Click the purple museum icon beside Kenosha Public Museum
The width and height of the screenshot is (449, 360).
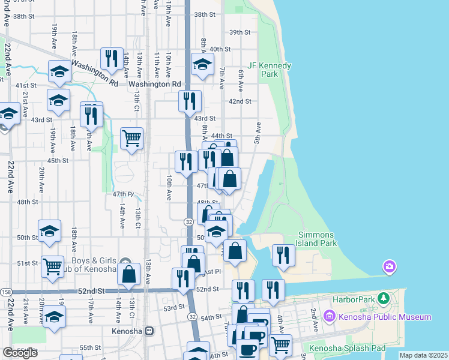click(x=329, y=316)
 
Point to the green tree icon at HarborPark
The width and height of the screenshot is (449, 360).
click(x=388, y=298)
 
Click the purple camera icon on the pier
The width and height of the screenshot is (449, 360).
click(x=389, y=266)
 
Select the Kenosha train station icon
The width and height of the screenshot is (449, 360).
click(x=149, y=331)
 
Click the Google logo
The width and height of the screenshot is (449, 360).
click(x=20, y=352)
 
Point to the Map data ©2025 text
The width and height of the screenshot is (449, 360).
click(x=423, y=355)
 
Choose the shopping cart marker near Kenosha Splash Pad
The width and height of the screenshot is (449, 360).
click(x=280, y=344)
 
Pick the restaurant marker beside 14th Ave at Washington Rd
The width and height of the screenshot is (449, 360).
click(x=112, y=58)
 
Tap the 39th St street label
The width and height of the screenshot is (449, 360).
click(x=240, y=32)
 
